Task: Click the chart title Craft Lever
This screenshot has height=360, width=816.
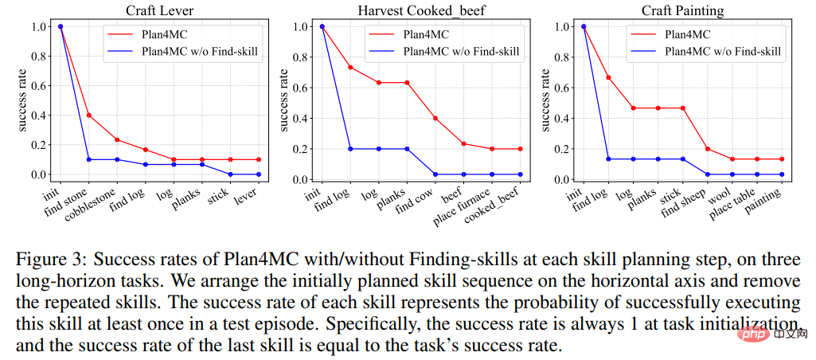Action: click(158, 10)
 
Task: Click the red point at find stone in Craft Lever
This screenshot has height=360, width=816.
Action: click(88, 115)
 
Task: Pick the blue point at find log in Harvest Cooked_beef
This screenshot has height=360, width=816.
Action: click(350, 149)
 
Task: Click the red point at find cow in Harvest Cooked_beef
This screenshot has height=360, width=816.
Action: click(435, 118)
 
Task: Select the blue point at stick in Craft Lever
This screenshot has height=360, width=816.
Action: click(230, 174)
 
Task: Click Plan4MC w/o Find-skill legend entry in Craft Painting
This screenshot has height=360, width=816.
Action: click(723, 53)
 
